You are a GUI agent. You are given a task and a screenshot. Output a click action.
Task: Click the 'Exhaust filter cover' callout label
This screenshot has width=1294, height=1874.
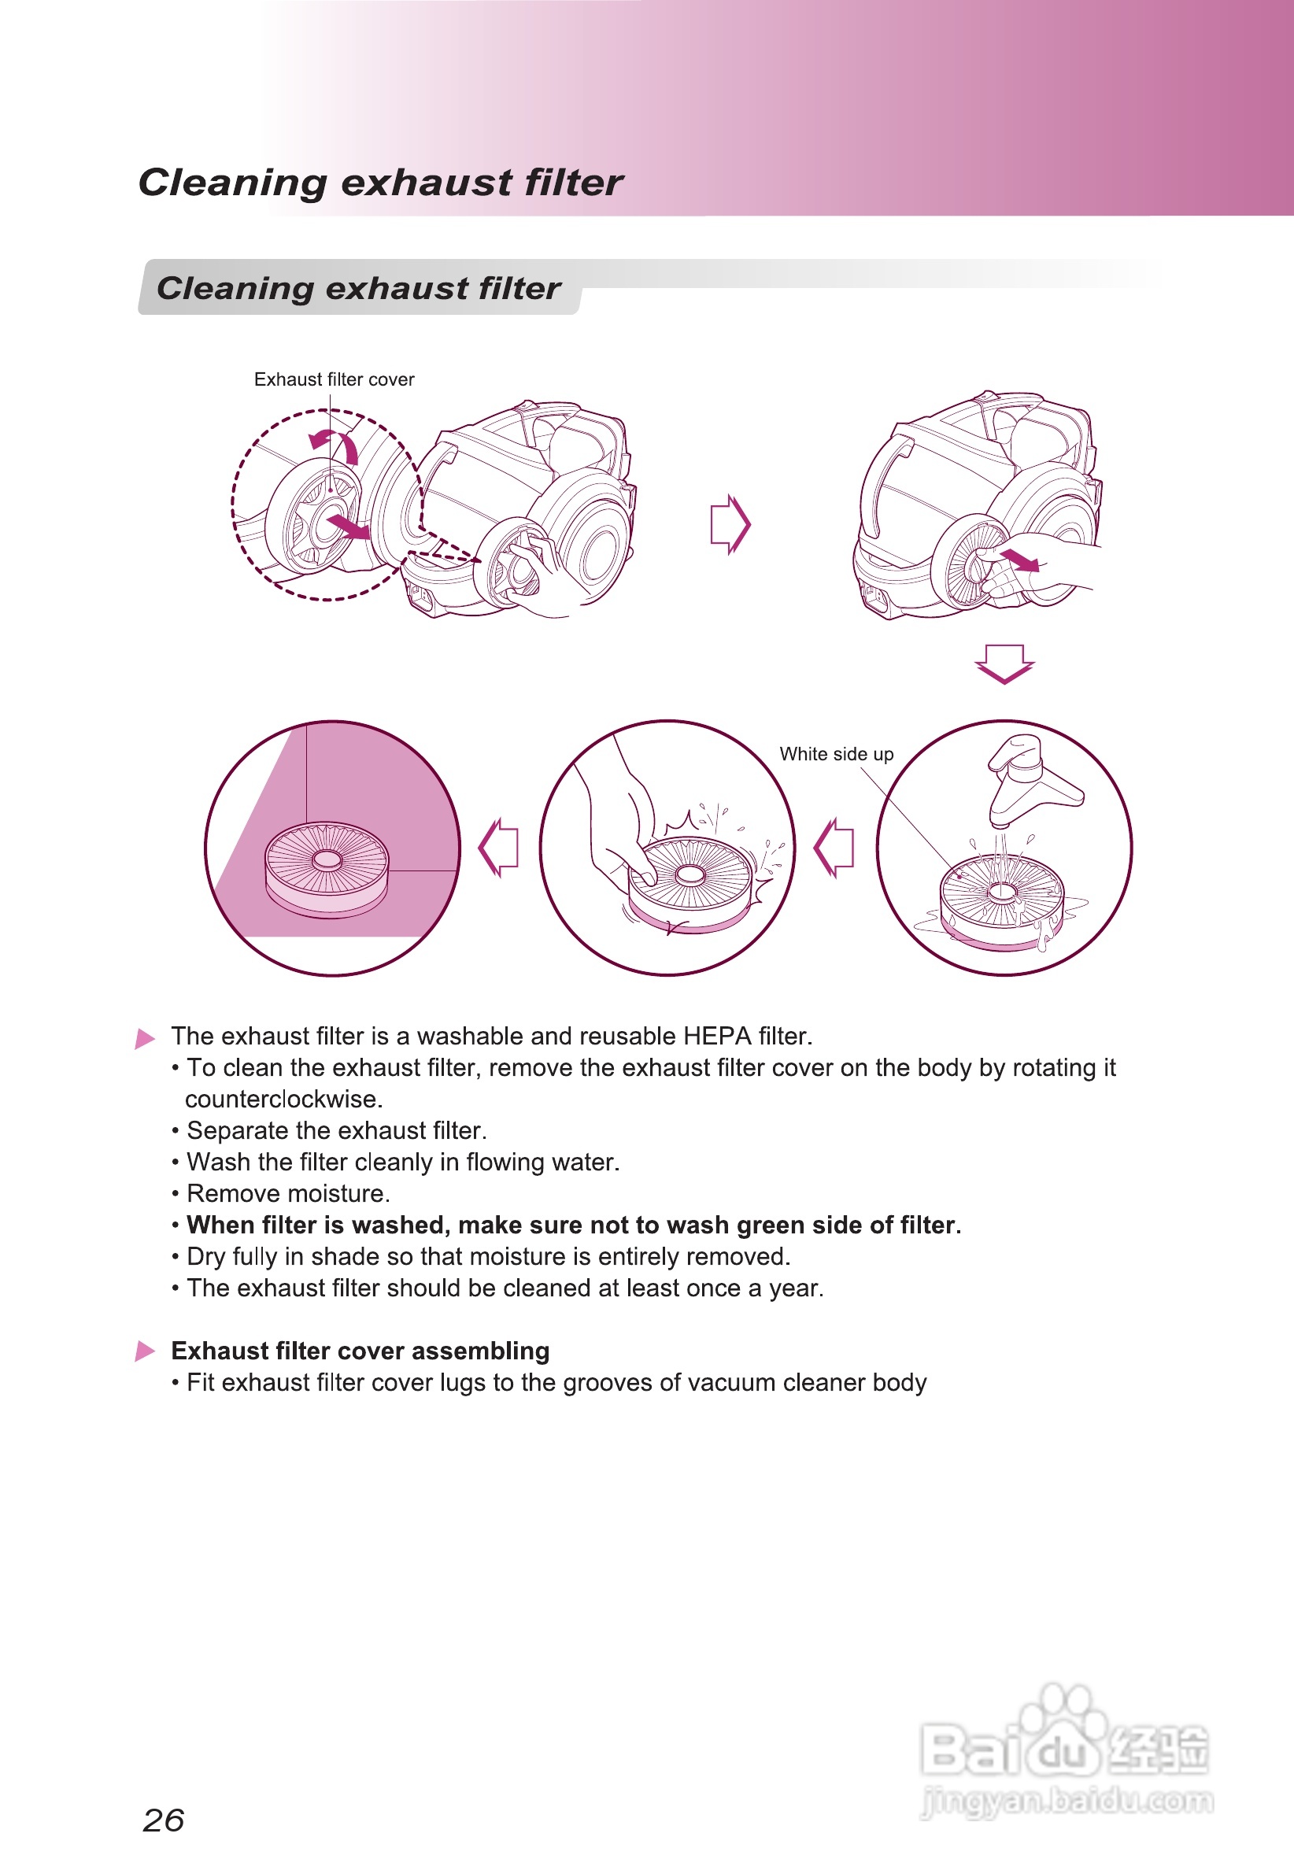pos(334,379)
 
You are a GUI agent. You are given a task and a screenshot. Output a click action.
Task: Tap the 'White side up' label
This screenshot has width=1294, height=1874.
pos(836,754)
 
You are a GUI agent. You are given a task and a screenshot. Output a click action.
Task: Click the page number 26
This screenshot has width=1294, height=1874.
pos(163,1820)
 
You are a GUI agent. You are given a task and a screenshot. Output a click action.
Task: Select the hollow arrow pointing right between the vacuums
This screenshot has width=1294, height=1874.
pos(730,523)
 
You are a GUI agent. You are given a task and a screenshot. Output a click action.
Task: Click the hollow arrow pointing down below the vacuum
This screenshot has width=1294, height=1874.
pos(1004,663)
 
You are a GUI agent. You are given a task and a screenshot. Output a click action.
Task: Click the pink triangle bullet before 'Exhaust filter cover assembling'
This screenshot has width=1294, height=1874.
pos(145,1351)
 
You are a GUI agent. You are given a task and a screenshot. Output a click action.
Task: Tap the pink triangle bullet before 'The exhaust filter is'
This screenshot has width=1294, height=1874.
pos(145,1037)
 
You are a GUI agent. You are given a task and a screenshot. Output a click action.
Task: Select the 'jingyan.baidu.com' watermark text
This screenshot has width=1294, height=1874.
pos(1067,1800)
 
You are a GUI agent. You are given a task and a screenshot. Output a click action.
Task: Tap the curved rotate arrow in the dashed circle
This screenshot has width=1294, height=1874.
pos(335,443)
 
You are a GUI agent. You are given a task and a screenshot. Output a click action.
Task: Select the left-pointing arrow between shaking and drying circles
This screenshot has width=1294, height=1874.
pos(498,847)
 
